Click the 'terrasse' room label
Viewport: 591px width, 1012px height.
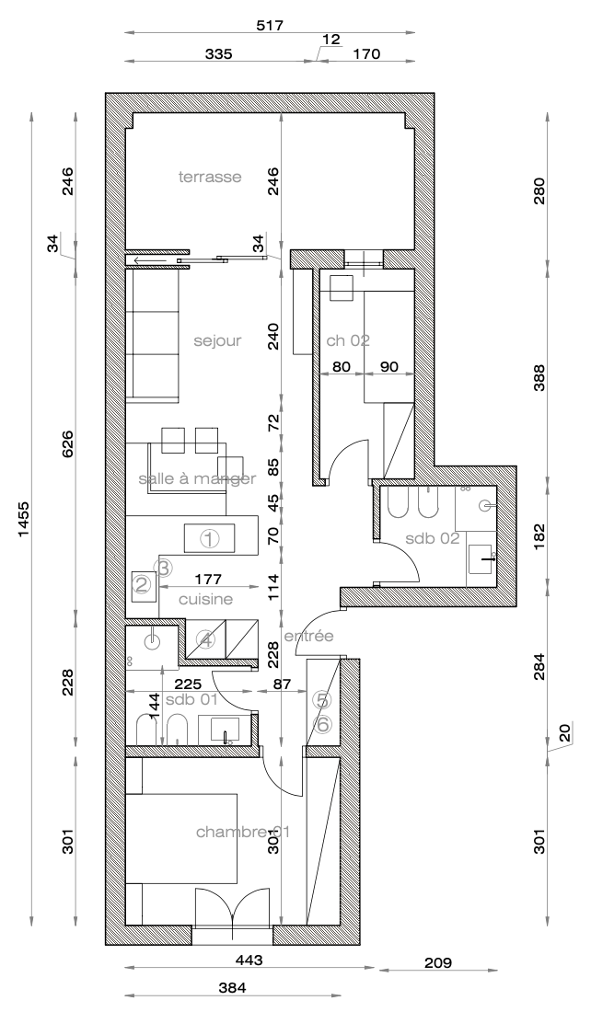pyautogui.click(x=210, y=177)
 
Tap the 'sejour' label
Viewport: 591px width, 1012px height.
pyautogui.click(x=217, y=340)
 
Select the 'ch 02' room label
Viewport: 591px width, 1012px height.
pyautogui.click(x=348, y=340)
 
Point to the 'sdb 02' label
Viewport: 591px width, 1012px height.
pyautogui.click(x=432, y=537)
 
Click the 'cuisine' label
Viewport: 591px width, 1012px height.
pyautogui.click(x=205, y=599)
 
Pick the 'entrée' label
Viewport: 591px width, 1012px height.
pyautogui.click(x=309, y=636)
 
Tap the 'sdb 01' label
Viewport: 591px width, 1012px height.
pyautogui.click(x=191, y=698)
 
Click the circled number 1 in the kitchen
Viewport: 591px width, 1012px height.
pyautogui.click(x=210, y=537)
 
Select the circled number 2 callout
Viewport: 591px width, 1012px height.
pyautogui.click(x=142, y=585)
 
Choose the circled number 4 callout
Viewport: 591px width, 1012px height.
pyautogui.click(x=206, y=640)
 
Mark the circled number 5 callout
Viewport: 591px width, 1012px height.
pyautogui.click(x=321, y=699)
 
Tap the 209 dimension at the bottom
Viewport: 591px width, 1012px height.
pyautogui.click(x=438, y=963)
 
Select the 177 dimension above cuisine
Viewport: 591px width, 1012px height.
pyautogui.click(x=208, y=579)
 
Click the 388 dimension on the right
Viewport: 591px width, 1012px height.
pyautogui.click(x=539, y=377)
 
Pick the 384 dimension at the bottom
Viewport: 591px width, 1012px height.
pyautogui.click(x=232, y=987)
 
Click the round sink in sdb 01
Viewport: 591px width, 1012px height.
pyautogui.click(x=153, y=641)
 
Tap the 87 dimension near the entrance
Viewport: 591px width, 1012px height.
pyautogui.click(x=282, y=683)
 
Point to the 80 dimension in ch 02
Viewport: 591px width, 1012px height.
pyautogui.click(x=341, y=366)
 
